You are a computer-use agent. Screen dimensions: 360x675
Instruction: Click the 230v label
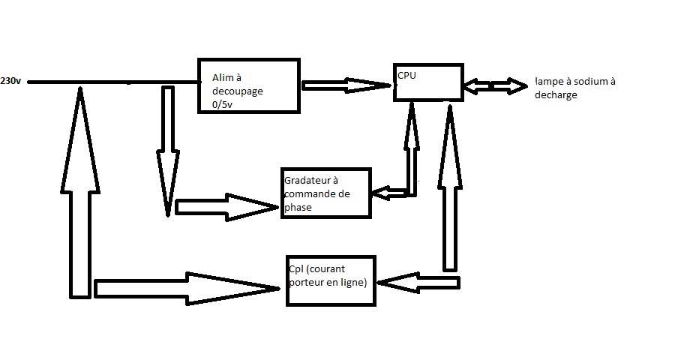11,80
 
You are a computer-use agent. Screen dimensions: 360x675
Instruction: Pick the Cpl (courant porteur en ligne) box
331,280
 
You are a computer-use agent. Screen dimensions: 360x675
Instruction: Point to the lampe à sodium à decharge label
574,88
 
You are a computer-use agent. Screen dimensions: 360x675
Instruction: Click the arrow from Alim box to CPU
347,85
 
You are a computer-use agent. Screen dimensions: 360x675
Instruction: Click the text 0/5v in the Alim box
223,105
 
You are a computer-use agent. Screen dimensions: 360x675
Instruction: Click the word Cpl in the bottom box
295,268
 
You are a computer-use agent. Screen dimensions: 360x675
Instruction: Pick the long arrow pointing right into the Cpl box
187,288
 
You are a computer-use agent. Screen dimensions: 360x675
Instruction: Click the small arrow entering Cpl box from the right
416,283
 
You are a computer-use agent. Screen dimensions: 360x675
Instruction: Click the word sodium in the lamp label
585,81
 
